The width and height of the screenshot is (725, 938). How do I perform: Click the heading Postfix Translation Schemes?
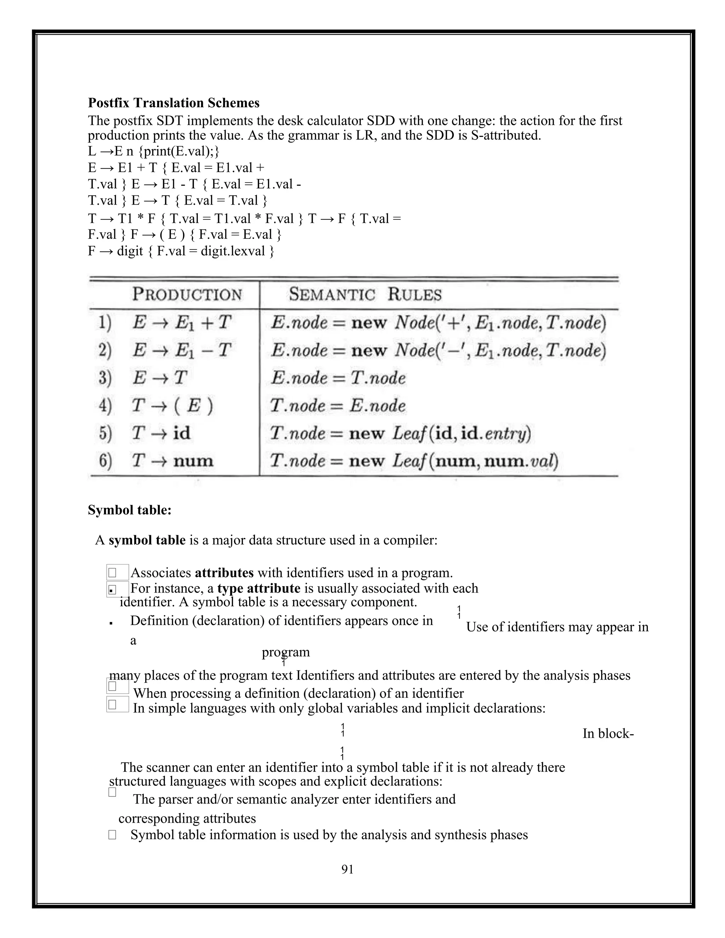point(173,103)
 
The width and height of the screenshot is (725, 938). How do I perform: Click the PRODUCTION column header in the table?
point(187,294)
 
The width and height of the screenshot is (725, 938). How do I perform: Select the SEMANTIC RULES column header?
point(365,294)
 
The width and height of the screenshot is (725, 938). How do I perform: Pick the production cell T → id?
point(161,433)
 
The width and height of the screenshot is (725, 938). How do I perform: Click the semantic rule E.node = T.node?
point(338,378)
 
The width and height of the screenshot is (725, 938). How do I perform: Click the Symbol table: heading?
point(130,510)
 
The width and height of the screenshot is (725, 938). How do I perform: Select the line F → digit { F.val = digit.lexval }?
point(181,251)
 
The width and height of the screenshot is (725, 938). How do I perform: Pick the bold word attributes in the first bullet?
point(224,573)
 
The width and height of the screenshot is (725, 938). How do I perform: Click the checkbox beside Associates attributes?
point(113,573)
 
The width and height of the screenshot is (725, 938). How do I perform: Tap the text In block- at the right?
point(608,733)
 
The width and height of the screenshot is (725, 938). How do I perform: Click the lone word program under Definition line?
point(286,652)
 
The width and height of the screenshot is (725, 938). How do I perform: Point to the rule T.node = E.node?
point(338,405)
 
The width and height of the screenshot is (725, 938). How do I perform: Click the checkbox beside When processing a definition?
point(113,686)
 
